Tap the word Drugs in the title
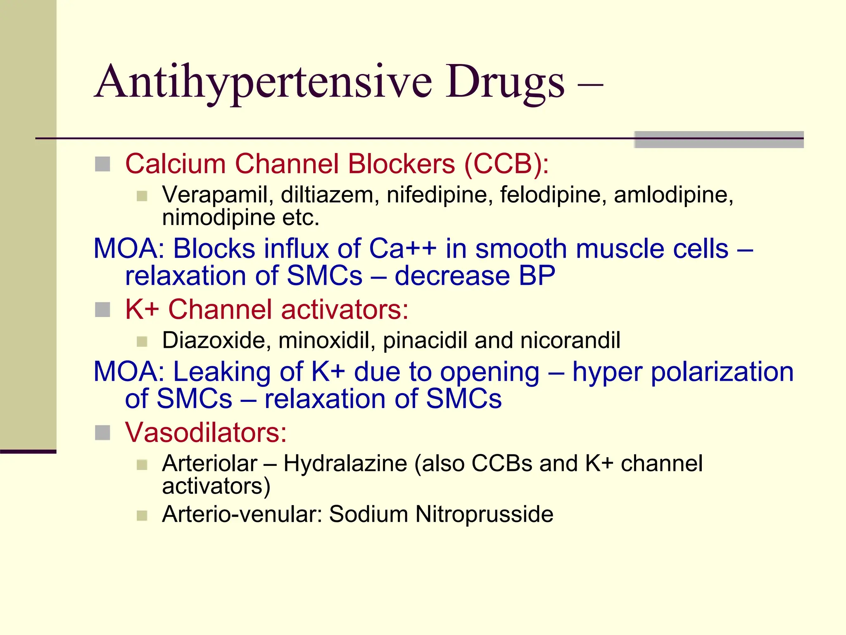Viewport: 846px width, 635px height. (505, 83)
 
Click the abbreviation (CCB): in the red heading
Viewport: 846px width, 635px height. (506, 164)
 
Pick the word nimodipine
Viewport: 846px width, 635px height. (218, 218)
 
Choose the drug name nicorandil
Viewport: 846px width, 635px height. (570, 341)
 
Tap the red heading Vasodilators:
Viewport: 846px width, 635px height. (206, 433)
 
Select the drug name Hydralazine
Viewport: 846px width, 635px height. (345, 463)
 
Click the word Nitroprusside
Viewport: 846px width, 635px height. (484, 515)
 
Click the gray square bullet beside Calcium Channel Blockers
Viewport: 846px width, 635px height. (102, 164)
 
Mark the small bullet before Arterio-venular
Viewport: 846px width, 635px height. (142, 516)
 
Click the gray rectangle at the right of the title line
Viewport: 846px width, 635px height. (719, 140)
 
